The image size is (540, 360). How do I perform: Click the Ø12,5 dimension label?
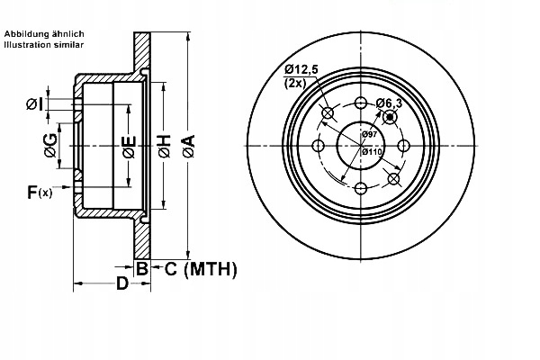(x=301, y=68)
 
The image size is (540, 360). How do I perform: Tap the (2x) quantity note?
(x=294, y=83)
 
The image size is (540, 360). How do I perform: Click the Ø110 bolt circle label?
(x=371, y=152)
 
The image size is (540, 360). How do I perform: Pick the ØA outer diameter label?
(x=187, y=145)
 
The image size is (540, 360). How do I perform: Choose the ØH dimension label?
(x=164, y=146)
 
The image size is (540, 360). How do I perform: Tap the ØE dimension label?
(x=129, y=146)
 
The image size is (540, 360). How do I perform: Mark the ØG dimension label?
(x=51, y=146)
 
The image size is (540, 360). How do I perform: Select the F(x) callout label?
(x=39, y=191)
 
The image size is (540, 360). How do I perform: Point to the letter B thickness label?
(x=140, y=268)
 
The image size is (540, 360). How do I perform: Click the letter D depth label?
(x=121, y=285)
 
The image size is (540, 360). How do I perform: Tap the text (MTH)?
(x=210, y=268)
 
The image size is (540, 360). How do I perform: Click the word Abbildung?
(x=28, y=33)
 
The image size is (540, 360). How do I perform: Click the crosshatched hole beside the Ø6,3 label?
(x=390, y=117)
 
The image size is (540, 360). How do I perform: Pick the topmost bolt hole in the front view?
(x=361, y=103)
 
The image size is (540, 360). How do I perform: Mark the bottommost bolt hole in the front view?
(x=361, y=187)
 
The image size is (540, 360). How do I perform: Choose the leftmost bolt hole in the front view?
(x=319, y=145)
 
